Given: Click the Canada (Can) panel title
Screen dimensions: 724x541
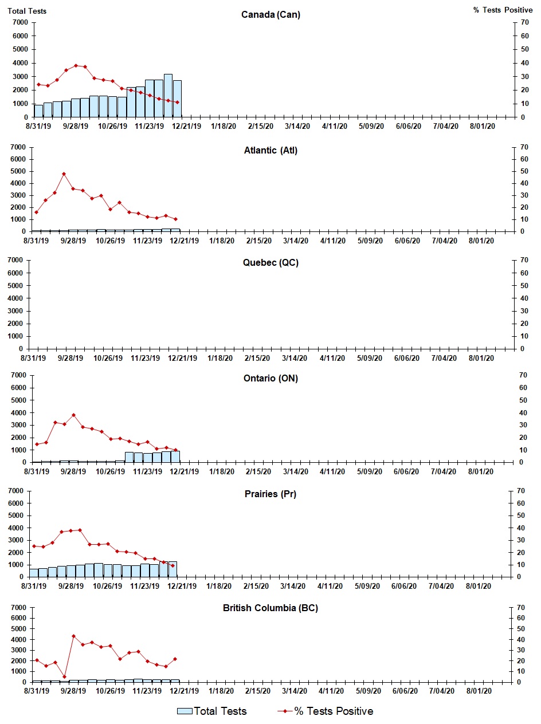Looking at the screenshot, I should click(270, 15).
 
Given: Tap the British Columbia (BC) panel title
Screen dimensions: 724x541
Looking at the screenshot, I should click(270, 608).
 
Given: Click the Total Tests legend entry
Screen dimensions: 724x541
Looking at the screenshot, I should click(212, 711).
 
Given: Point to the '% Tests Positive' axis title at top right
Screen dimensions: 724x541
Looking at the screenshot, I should click(503, 10).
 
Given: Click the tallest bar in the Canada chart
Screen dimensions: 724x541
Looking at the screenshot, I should click(168, 95).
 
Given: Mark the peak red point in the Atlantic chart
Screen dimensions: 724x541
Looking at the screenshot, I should click(64, 174).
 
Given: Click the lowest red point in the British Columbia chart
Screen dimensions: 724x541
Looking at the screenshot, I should click(64, 676).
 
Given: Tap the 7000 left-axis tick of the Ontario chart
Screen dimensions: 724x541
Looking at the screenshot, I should click(18, 375).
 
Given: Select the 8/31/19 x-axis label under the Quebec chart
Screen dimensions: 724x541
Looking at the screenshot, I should click(33, 358).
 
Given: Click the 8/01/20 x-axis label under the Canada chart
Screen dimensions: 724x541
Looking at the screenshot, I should click(483, 127).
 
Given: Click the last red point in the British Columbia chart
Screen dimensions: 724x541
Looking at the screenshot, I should click(175, 659).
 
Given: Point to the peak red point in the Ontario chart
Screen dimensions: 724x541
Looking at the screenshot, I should click(73, 415).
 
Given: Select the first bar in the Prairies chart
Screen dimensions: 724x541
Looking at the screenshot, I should click(34, 573).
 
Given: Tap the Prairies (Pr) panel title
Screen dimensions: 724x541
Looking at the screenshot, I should click(270, 494).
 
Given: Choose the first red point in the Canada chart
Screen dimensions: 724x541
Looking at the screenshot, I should click(38, 84).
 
